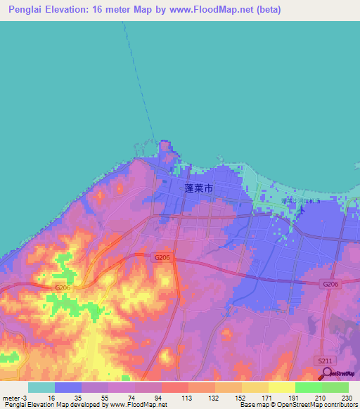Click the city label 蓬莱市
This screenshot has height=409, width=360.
(x=198, y=188)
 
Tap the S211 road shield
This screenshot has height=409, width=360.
(x=323, y=360)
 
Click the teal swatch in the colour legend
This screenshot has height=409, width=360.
(x=41, y=387)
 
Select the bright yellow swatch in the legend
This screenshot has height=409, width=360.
(x=281, y=387)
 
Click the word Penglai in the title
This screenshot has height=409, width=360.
(x=27, y=10)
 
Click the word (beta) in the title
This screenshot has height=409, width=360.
(x=268, y=10)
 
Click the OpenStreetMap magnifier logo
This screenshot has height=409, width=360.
(x=326, y=372)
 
